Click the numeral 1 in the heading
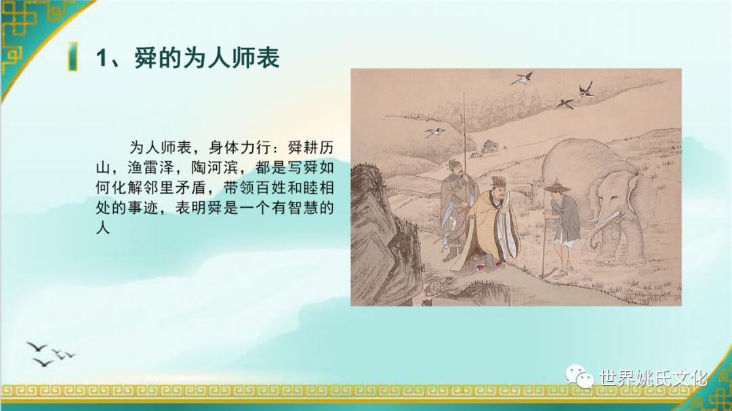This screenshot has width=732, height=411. pos(102,59)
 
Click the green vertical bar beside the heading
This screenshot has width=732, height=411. pos(73,56)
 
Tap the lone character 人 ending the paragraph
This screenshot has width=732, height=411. pos(103,228)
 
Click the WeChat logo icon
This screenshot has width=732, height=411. pos(579,376)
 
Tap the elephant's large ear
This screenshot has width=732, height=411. pos(640,196)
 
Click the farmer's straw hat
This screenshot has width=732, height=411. pos(556,188)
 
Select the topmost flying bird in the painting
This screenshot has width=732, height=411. pos(522,78)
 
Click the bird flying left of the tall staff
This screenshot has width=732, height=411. pos(435,132)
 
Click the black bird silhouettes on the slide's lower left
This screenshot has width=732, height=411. pos(49,354)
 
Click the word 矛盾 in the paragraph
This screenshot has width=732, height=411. pos(191,188)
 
